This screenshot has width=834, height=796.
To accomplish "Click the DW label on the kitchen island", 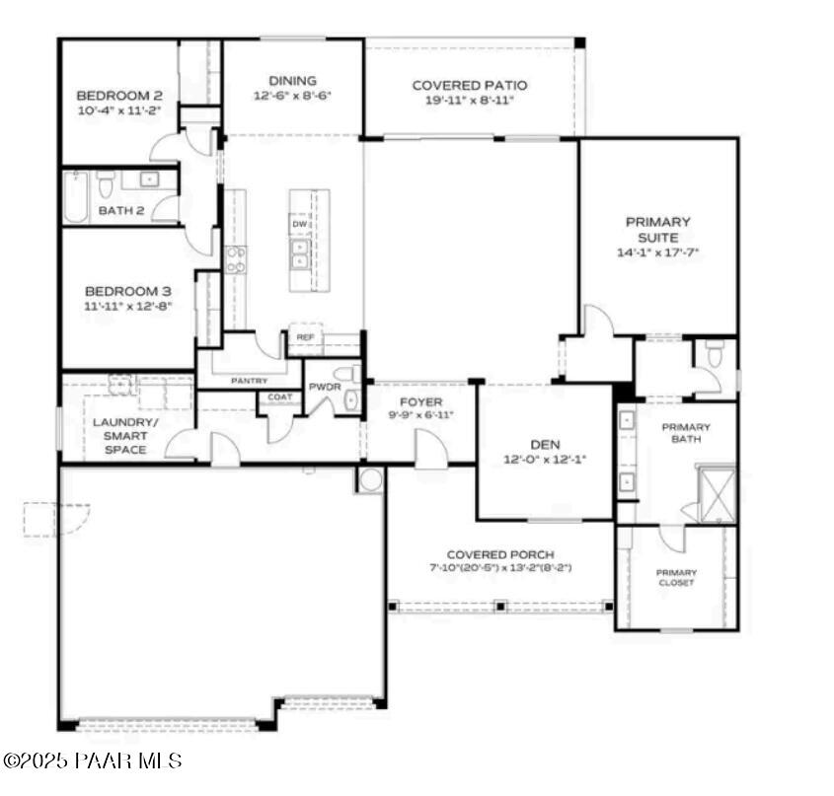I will click(x=298, y=225).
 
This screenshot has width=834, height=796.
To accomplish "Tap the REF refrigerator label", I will click(x=305, y=337).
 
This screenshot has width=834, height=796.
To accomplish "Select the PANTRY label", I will click(x=250, y=380).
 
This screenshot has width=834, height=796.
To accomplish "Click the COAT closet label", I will click(x=278, y=398).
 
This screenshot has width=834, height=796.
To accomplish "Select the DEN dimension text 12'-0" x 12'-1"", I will click(x=546, y=459).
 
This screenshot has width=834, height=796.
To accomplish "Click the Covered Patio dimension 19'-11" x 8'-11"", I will click(x=470, y=101).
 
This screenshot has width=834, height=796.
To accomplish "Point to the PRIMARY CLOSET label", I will click(x=676, y=577).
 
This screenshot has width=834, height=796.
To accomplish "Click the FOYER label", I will click(x=420, y=401).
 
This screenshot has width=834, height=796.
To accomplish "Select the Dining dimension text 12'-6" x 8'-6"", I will click(x=293, y=97).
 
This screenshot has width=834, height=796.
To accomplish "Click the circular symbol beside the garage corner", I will click(x=371, y=480).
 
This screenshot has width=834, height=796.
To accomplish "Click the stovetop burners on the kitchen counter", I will click(x=236, y=259).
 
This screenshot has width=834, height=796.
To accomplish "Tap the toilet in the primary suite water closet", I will click(x=716, y=351).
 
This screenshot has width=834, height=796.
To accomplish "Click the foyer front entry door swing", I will click(x=430, y=449).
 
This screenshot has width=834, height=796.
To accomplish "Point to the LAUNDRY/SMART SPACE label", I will click(x=119, y=435).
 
